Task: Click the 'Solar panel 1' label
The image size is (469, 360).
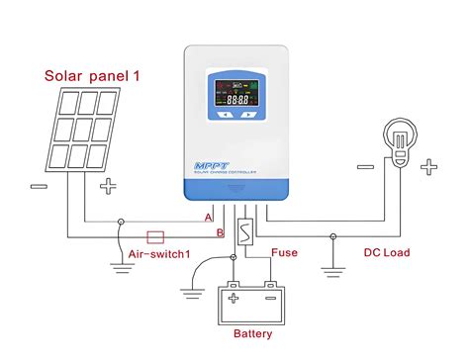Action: click(x=91, y=74)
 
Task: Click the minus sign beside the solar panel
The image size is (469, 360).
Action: click(x=37, y=186)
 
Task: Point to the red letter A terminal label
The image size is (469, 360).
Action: click(x=208, y=217)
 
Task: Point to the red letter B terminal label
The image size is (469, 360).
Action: click(x=208, y=233)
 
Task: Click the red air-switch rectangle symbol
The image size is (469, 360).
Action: click(x=155, y=236)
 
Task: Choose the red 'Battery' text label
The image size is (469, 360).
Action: click(x=253, y=334)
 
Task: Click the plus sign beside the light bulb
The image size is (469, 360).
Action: click(x=427, y=167)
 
